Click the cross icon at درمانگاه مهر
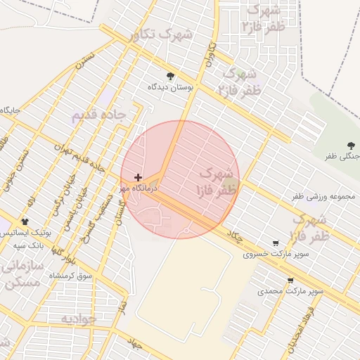point(137,177)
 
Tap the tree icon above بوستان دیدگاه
point(169,76)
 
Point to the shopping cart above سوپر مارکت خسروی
point(275,243)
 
